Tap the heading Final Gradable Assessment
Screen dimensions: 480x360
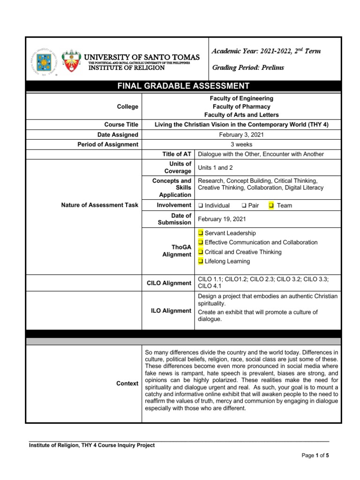tap(183, 86)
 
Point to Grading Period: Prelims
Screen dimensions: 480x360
tap(248, 67)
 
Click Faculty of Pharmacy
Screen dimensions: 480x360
tap(241, 106)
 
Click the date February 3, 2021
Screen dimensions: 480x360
tap(241, 135)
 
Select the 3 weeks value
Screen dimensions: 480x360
tap(241, 144)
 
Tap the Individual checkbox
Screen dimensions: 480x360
tap(201, 205)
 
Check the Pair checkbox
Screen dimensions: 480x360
tap(244, 205)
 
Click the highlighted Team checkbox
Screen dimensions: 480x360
tap(270, 205)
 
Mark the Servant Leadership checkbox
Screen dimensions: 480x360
tap(201, 233)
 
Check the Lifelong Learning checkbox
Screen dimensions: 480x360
tap(201, 261)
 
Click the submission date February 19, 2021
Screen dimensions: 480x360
tap(222, 219)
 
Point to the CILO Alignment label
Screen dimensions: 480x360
tap(169, 283)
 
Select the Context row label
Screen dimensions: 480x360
tap(127, 383)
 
